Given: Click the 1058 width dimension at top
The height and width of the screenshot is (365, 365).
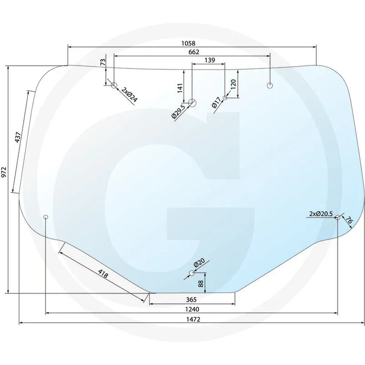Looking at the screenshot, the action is click(x=188, y=43).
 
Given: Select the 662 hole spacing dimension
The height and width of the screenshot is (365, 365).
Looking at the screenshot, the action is click(x=194, y=52).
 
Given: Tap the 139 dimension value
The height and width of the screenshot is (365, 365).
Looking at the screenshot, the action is click(x=210, y=60).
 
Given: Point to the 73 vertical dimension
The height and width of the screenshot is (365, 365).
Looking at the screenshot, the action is click(x=103, y=62).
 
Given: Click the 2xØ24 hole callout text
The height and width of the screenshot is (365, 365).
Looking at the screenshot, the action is click(x=129, y=95).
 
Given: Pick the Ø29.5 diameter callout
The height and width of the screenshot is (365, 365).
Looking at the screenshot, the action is click(x=179, y=112).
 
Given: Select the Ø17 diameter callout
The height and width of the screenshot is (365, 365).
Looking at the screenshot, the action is click(x=217, y=103).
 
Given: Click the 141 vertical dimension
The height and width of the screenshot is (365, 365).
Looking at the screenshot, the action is click(x=180, y=88).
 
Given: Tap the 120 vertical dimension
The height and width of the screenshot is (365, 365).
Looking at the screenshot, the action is click(x=233, y=84).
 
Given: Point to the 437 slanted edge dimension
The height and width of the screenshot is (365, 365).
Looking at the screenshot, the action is click(x=18, y=137).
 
